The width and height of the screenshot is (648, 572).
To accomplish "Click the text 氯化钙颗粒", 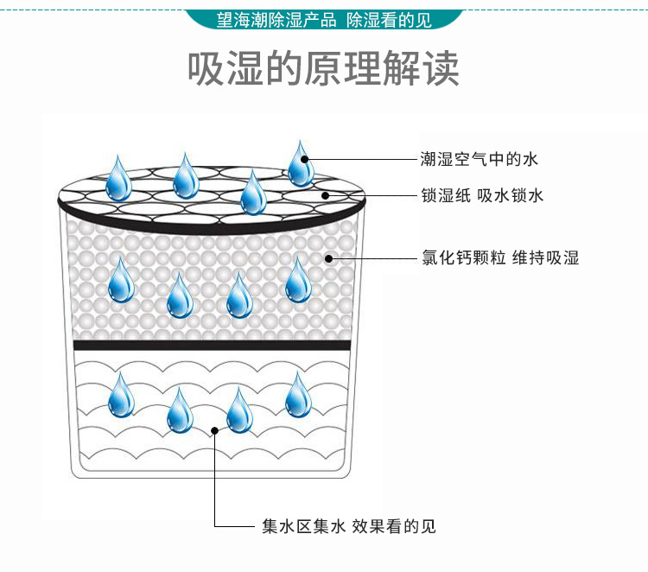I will [451, 257].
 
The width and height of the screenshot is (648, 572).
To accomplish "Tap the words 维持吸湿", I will [545, 257].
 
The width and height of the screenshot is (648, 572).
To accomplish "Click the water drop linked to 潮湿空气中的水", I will [301, 164].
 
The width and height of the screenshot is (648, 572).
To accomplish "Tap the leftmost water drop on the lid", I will [118, 178].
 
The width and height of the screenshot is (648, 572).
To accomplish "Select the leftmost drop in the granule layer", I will [121, 280].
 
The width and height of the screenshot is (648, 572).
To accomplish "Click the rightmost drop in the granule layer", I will [298, 280].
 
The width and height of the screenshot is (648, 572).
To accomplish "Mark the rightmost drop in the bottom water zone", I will [298, 395].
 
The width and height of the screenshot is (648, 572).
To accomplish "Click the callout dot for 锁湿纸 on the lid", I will [326, 196].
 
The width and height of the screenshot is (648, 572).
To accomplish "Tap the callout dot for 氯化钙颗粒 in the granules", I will [328, 257].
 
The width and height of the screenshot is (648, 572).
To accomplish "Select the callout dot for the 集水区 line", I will [214, 429].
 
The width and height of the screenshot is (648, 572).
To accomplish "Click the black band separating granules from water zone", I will [212, 345].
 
